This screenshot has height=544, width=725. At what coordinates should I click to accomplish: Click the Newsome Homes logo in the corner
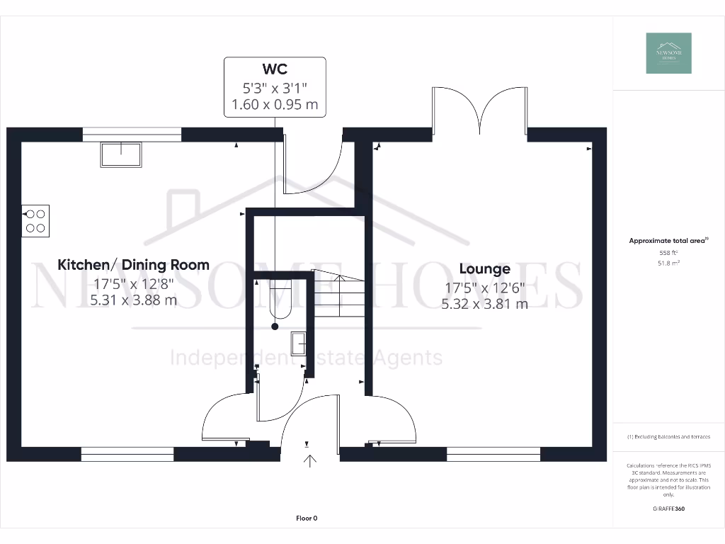point(668,53)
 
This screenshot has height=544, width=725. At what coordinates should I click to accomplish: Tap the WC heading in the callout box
point(275,69)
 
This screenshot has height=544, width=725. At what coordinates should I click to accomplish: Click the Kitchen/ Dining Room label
point(133,265)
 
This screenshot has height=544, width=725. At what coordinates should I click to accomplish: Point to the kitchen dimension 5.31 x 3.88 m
point(133,300)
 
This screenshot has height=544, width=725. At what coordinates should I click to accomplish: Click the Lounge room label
point(484,269)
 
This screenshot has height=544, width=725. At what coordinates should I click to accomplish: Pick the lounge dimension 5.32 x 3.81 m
point(484,304)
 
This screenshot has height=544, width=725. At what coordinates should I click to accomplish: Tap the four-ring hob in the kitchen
point(35,220)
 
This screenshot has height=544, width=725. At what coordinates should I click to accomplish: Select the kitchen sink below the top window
point(120,154)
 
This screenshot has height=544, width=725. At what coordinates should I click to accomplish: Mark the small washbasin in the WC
point(298,343)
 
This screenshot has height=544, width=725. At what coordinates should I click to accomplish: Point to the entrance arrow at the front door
point(309,461)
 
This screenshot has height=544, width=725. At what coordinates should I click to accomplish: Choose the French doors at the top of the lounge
point(479,111)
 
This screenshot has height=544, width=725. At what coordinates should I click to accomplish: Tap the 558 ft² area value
point(668,252)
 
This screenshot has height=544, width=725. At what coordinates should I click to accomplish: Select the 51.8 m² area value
point(668,263)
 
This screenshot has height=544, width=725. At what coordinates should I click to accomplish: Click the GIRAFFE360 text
point(668,509)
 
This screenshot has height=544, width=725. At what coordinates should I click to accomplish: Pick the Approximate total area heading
point(668,241)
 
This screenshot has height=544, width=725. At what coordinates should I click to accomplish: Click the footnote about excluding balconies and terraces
point(668,437)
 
